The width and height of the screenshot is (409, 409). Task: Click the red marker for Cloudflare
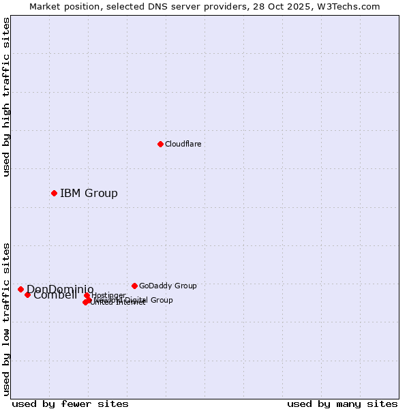pos(160,144)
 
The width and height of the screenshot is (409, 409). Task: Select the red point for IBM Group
pos(54,193)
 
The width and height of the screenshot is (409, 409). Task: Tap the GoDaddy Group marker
pos(134,286)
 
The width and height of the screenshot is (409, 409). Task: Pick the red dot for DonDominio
pos(20,289)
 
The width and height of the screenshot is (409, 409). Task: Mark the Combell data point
pos(27,294)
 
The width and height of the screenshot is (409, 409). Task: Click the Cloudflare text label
pos(183,144)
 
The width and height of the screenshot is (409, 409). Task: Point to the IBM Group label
pos(89,193)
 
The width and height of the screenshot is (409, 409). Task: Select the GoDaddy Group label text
pos(168,286)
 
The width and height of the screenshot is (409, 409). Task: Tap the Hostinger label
pos(109,295)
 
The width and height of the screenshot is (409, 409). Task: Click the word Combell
pos(55,295)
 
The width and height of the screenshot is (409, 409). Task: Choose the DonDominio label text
pos(60,289)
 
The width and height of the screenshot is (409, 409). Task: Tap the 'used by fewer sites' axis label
pos(70,404)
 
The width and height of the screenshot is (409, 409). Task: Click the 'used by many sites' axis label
pos(342,404)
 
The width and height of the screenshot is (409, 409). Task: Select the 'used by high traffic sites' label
pos(6,97)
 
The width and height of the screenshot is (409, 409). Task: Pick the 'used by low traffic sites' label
pos(6,318)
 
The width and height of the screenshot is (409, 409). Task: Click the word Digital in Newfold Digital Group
pos(134,300)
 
